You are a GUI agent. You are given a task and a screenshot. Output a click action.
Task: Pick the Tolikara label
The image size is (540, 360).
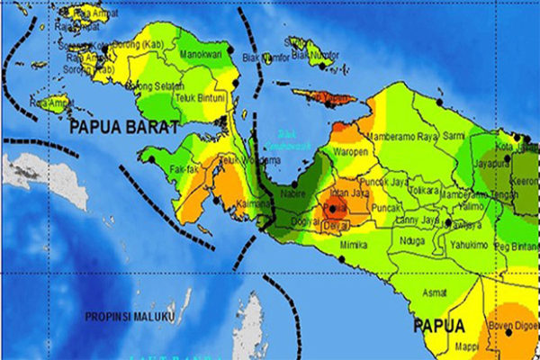pos(424,191)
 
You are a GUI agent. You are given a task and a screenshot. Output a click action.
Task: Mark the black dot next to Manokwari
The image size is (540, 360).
pos(230,49)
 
